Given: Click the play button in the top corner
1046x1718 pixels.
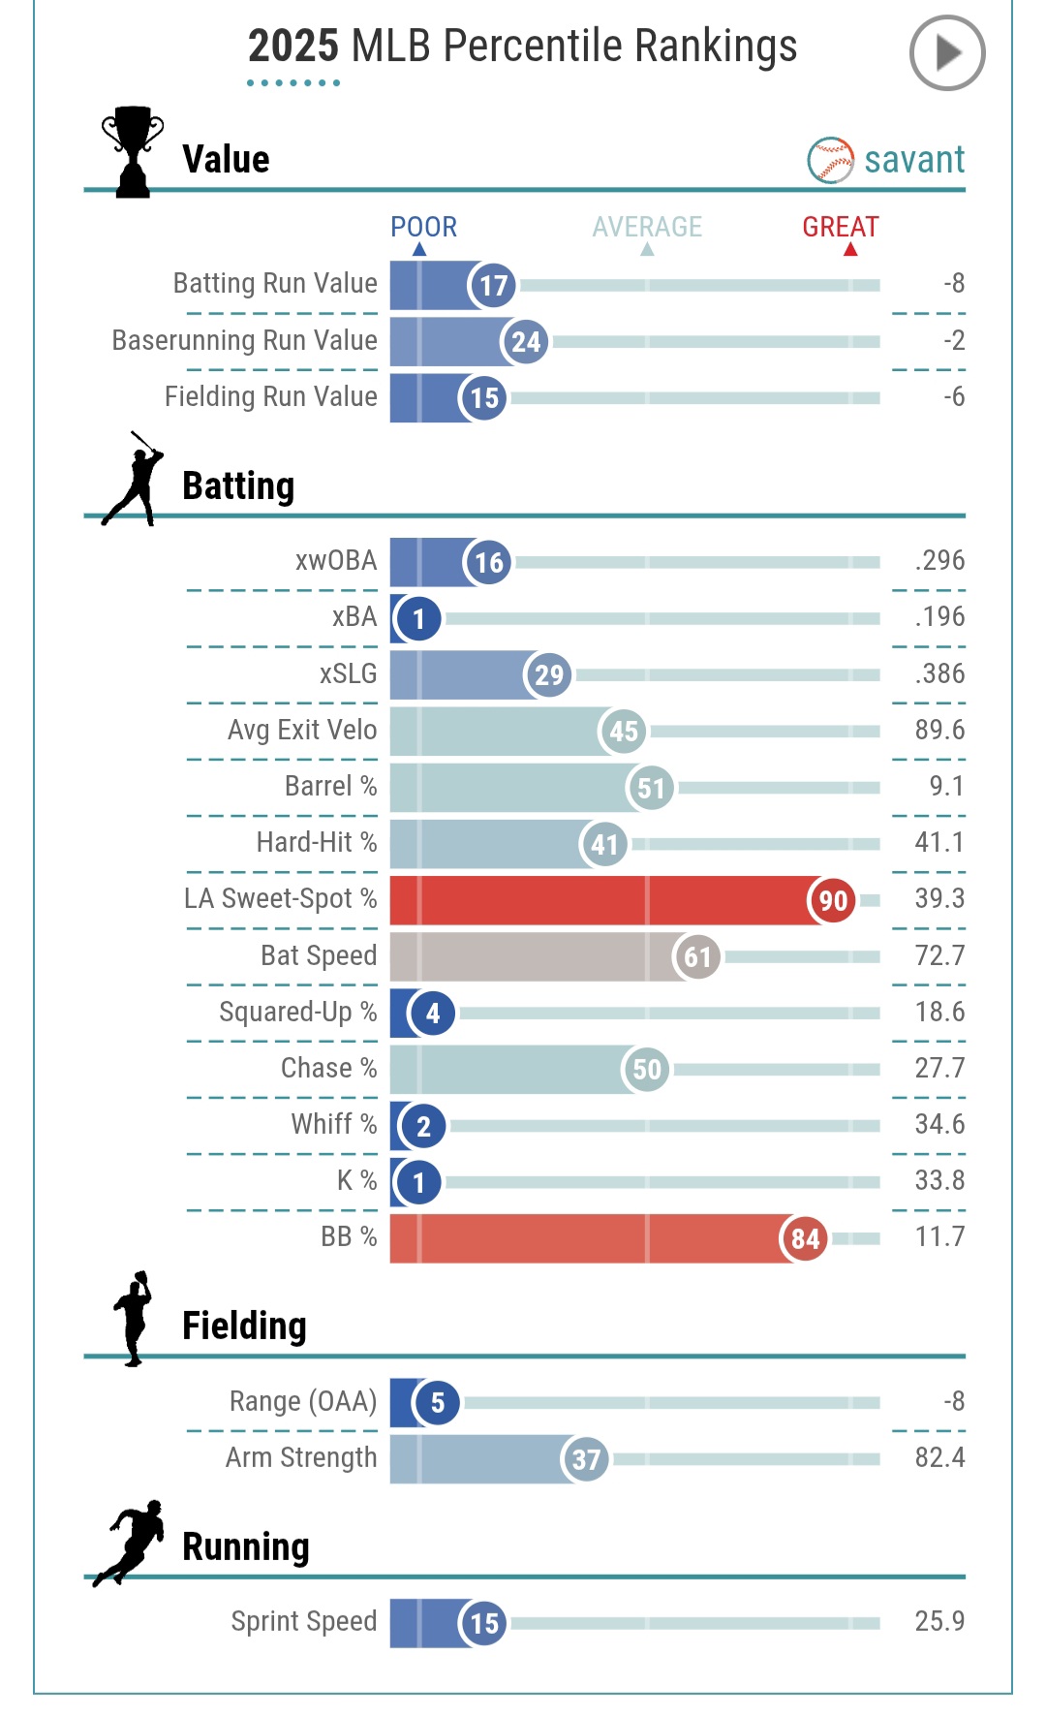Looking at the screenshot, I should pyautogui.click(x=946, y=53).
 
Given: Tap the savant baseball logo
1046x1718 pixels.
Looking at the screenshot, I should pyautogui.click(x=830, y=160).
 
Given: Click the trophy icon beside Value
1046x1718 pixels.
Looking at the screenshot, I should pyautogui.click(x=133, y=152).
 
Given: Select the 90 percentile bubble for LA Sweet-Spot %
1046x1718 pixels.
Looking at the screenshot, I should pyautogui.click(x=832, y=900).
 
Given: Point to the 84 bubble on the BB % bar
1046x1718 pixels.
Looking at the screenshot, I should pyautogui.click(x=805, y=1238).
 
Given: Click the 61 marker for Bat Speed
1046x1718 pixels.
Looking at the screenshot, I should pyautogui.click(x=697, y=957).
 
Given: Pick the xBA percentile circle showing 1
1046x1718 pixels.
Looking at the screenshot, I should pyautogui.click(x=418, y=618).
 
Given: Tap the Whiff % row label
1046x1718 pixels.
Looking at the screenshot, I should pyautogui.click(x=333, y=1124).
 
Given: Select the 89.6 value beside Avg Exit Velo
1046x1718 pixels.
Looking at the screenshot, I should pyautogui.click(x=938, y=730).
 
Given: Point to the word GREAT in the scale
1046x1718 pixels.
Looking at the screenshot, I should pyautogui.click(x=840, y=227).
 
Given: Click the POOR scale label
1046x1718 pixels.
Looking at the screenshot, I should pyautogui.click(x=423, y=227).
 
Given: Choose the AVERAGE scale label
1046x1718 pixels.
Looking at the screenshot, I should pyautogui.click(x=647, y=227).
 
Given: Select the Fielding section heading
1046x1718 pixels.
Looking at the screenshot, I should pyautogui.click(x=244, y=1326).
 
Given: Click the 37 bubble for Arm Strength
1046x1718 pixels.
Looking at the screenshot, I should pyautogui.click(x=586, y=1459).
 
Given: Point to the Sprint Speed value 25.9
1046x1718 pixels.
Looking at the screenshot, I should pyautogui.click(x=938, y=1621).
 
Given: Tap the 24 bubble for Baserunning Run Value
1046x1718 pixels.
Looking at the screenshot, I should pyautogui.click(x=525, y=342).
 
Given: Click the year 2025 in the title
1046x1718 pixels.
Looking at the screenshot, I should pyautogui.click(x=292, y=46).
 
